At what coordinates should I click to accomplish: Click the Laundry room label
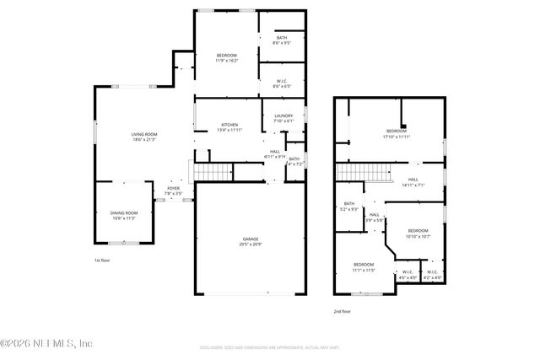coord(283,118)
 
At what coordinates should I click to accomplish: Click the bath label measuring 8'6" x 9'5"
coord(282,39)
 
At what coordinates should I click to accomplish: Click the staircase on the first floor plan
coord(213,172)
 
